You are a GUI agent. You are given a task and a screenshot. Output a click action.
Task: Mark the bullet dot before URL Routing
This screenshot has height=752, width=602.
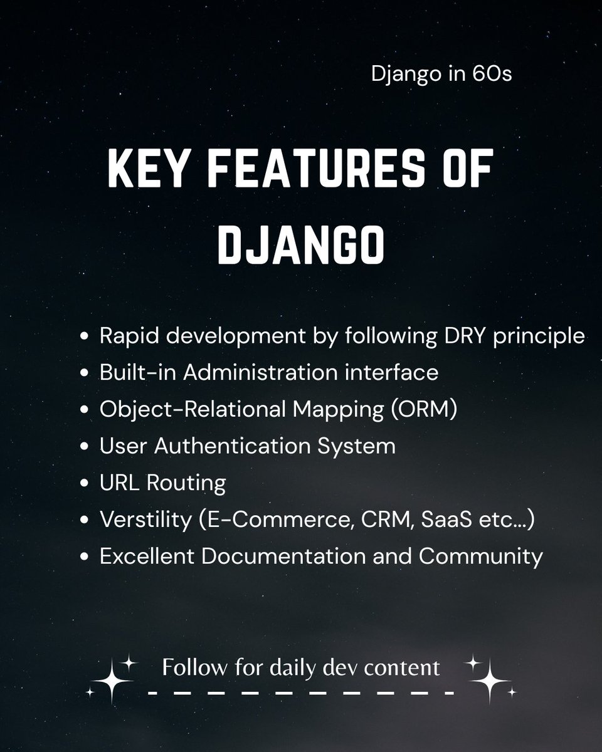pyautogui.click(x=85, y=484)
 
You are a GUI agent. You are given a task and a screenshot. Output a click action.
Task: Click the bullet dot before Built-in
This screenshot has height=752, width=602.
pyautogui.click(x=85, y=373)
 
